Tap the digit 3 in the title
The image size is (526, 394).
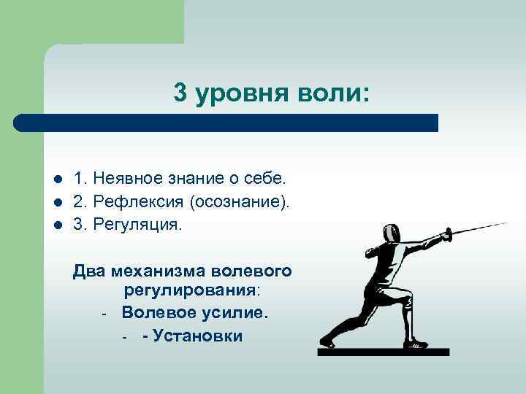pos(181,93)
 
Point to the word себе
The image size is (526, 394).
pos(266,178)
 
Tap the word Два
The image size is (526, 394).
pos(89,272)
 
